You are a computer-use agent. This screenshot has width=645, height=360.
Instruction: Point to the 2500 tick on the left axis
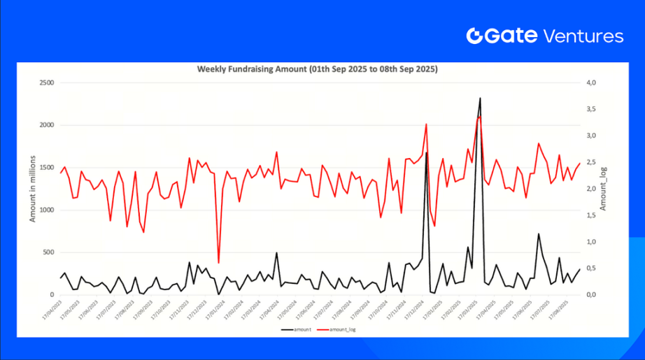point(46,83)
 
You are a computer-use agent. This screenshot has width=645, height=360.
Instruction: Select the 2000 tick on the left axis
point(46,125)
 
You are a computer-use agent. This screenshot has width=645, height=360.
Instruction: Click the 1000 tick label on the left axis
point(46,210)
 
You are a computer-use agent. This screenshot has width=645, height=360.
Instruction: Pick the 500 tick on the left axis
point(48,252)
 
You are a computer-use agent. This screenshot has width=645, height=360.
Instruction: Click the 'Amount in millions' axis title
point(32,189)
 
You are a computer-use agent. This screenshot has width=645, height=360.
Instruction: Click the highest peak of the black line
point(480,99)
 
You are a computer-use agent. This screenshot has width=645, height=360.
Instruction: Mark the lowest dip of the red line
point(218,263)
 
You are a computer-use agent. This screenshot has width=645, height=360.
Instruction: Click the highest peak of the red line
point(479,117)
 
